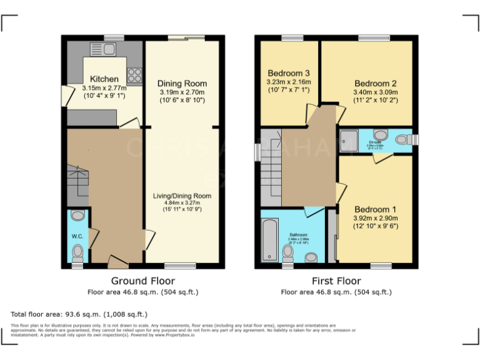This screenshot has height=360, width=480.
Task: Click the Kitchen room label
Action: point(104,79)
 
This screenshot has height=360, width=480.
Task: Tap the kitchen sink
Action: point(102,49)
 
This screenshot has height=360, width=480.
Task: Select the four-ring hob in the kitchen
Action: point(134,76)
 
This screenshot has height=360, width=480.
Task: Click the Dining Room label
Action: point(182,83)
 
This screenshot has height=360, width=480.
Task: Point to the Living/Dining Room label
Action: point(182,196)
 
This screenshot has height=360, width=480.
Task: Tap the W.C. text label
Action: point(77,236)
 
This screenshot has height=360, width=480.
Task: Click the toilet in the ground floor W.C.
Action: point(77,252)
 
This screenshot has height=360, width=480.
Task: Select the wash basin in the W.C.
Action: point(77,216)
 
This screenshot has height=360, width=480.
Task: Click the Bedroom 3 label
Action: point(288,73)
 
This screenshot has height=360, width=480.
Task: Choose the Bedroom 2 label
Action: point(376,83)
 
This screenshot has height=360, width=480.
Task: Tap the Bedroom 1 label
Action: point(376,209)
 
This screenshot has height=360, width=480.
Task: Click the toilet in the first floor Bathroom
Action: point(289,252)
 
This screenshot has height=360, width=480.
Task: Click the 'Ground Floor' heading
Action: point(142,281)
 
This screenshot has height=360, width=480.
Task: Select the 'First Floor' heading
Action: point(336,281)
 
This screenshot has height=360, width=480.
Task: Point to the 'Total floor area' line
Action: point(79,314)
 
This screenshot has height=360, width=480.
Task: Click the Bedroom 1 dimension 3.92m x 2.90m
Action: point(376,218)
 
